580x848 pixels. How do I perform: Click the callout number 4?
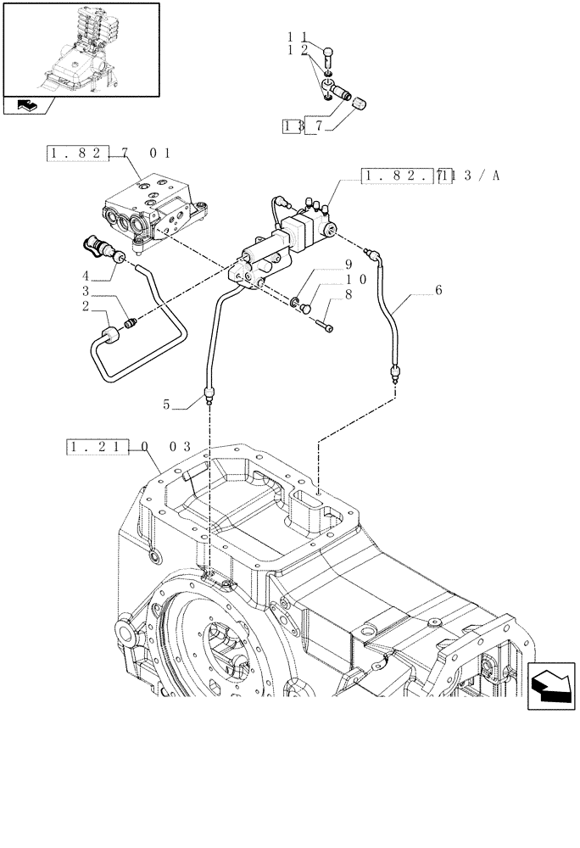pyautogui.click(x=86, y=275)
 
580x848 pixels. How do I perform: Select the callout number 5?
pyautogui.click(x=168, y=405)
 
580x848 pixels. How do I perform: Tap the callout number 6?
pyautogui.click(x=438, y=290)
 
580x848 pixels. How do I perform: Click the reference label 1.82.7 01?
pyautogui.click(x=109, y=153)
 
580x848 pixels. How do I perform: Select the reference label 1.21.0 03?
pyautogui.click(x=128, y=445)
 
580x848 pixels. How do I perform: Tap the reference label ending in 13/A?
pyautogui.click(x=431, y=176)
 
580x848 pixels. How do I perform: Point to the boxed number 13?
pyautogui.click(x=293, y=126)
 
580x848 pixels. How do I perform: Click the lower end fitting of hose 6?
pyautogui.click(x=395, y=371)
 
